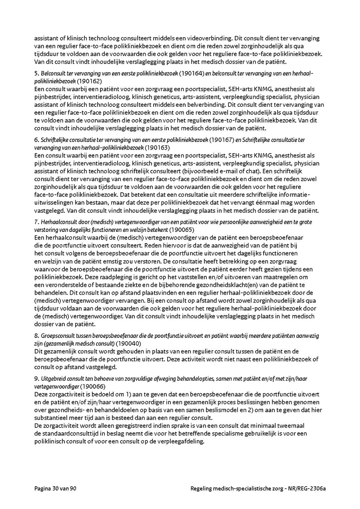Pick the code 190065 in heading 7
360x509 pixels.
click(181, 230)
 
